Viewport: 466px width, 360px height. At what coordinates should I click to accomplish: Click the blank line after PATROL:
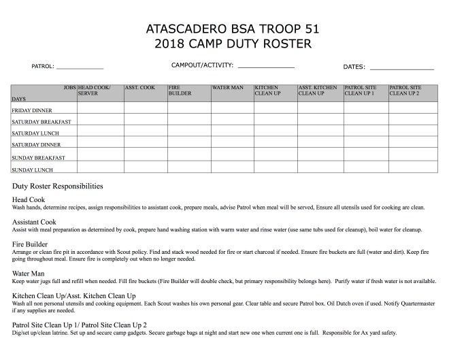pos(80,69)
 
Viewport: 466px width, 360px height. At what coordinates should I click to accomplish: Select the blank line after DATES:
pos(401,69)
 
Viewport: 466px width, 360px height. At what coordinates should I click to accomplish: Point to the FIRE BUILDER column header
pos(180,91)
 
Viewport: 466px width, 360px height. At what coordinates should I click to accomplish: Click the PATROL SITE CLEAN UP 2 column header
pos(405,91)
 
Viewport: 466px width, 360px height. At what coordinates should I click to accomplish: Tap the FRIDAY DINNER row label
pos(33,110)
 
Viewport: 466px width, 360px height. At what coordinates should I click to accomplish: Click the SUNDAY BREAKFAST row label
pos(38,157)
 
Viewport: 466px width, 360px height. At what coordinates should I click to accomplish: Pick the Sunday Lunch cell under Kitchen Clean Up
pos(275,167)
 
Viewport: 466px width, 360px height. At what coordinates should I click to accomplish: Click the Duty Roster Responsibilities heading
pos(58,186)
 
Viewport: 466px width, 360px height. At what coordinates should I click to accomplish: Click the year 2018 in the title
pos(173,45)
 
